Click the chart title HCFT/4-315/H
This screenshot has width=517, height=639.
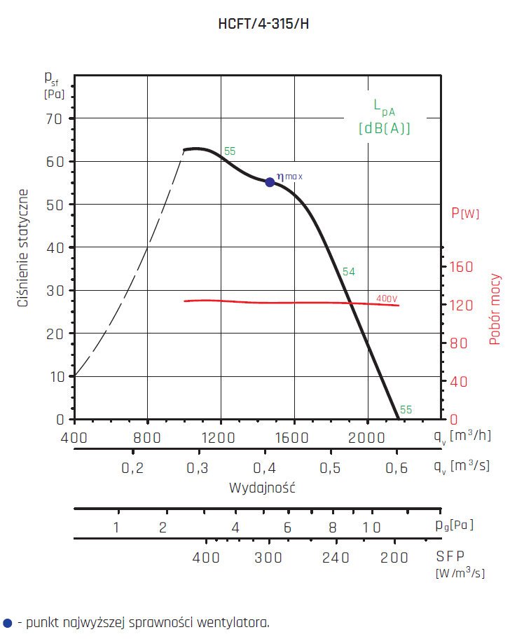[x=263, y=23]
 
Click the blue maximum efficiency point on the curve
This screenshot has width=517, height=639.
[x=270, y=182]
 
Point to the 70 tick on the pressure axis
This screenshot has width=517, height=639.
[x=55, y=118]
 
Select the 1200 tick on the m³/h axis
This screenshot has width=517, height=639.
[x=221, y=437]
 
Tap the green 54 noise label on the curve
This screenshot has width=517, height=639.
[x=348, y=271]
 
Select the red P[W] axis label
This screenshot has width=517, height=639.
[x=466, y=213]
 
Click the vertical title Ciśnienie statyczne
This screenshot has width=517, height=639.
[x=24, y=248]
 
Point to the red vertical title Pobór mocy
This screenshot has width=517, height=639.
[x=495, y=309]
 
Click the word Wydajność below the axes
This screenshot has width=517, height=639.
[x=262, y=488]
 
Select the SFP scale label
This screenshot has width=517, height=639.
[x=450, y=556]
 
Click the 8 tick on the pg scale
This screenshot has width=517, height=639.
[x=333, y=528]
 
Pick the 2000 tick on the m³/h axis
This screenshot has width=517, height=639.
[x=368, y=437]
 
